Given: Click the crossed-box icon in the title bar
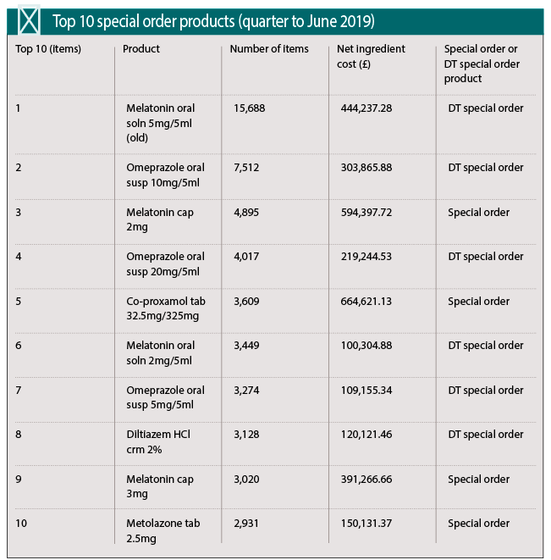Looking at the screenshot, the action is click(29, 20).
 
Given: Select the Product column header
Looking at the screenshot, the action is click(141, 48).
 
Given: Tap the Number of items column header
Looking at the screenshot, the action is click(269, 48).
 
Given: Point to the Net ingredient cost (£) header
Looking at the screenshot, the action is click(371, 56).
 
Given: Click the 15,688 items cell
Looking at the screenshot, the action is click(250, 108).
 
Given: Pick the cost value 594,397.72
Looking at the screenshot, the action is click(366, 213).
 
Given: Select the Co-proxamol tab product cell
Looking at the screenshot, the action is click(166, 308).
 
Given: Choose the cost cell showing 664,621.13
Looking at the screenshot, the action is click(366, 302).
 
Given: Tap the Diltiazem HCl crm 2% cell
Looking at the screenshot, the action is click(158, 441).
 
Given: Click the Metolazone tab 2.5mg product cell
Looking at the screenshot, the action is click(163, 530).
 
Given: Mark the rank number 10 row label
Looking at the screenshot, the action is click(21, 524).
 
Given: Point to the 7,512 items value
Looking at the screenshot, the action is click(246, 168).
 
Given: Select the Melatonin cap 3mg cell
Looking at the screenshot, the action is click(160, 486).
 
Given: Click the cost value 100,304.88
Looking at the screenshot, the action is click(366, 346).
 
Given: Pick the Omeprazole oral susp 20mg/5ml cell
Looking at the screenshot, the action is click(165, 264).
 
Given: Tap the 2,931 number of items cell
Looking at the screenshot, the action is click(246, 524).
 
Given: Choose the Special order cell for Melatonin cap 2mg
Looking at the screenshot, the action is click(478, 213).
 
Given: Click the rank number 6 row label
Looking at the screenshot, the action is click(19, 346).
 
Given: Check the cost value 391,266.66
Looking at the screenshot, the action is click(366, 480).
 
